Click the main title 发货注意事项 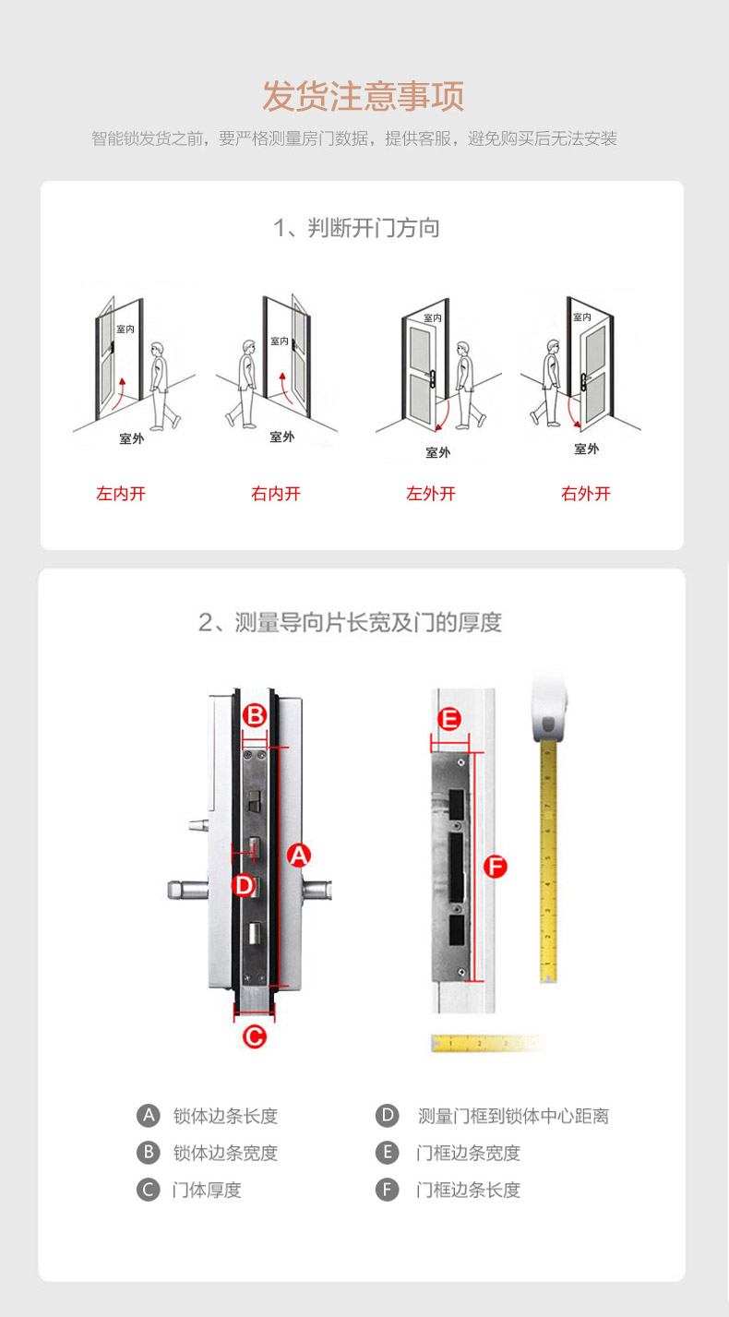click(x=364, y=96)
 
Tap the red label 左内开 click(x=121, y=493)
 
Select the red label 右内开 click(x=276, y=493)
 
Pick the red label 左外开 click(x=431, y=493)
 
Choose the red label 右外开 click(x=586, y=493)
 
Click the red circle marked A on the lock click(x=299, y=855)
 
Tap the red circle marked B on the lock click(x=255, y=715)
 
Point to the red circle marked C click(x=255, y=1036)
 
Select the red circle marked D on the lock click(x=244, y=885)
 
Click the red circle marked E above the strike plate click(x=449, y=718)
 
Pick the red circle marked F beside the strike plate click(x=495, y=867)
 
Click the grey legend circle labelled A click(x=149, y=1115)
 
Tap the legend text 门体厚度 click(x=207, y=1190)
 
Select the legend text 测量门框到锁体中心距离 click(x=513, y=1115)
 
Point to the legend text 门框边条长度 click(x=468, y=1190)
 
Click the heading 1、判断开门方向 click(x=356, y=228)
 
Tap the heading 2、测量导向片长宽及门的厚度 click(x=350, y=622)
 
